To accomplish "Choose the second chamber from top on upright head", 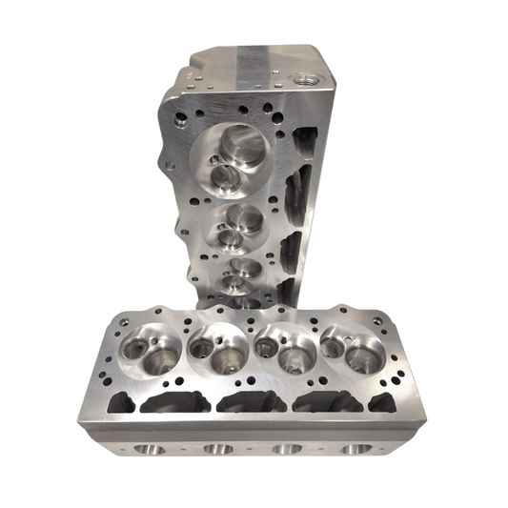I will (235, 223).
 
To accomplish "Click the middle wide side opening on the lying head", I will (250, 403).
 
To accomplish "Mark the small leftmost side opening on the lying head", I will (121, 405).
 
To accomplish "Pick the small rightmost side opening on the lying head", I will (379, 404).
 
